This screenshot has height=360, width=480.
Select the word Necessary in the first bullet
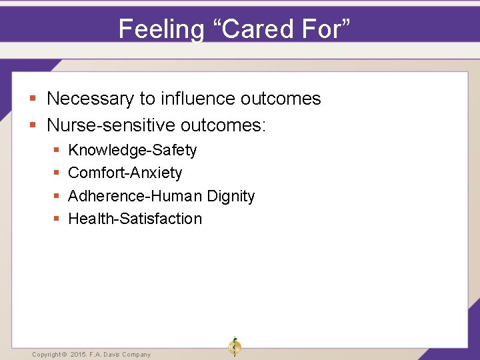91,99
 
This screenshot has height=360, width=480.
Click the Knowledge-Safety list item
133,150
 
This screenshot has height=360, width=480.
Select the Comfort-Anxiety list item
125,173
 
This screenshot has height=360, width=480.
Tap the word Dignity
231,196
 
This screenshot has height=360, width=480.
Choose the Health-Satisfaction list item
135,219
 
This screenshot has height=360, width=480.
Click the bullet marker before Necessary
33,99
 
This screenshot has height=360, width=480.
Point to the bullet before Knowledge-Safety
56,151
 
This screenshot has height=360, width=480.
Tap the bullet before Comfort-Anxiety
56,173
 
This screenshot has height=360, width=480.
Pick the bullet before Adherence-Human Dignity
56,197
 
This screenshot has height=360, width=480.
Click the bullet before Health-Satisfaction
56,219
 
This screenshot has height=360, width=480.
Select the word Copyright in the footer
46,355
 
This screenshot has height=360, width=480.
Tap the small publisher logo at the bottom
234,347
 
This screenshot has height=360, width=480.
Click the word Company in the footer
136,355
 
